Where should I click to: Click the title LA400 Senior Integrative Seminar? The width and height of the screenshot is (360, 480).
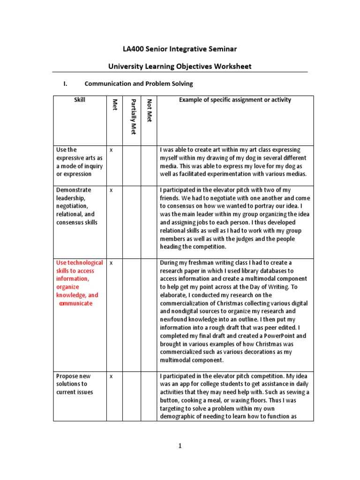[180, 49]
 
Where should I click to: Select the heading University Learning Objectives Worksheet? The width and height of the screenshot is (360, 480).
[180, 66]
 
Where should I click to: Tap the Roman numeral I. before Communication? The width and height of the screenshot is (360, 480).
[66, 84]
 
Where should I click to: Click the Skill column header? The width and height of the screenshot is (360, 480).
[80, 100]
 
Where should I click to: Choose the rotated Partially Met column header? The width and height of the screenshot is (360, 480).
[133, 117]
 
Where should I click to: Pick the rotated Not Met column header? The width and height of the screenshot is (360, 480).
[149, 111]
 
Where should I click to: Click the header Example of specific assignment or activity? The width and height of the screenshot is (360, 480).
[235, 100]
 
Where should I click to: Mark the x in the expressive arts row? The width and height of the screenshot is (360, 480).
[111, 150]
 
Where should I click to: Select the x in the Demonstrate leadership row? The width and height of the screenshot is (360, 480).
[111, 190]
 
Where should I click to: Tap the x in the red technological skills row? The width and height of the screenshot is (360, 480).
[111, 263]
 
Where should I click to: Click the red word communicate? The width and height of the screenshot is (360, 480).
[75, 303]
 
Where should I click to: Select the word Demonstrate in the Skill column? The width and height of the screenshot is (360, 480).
[74, 190]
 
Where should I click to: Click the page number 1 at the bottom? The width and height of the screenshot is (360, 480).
[180, 446]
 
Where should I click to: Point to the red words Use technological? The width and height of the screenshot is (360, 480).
[79, 262]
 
